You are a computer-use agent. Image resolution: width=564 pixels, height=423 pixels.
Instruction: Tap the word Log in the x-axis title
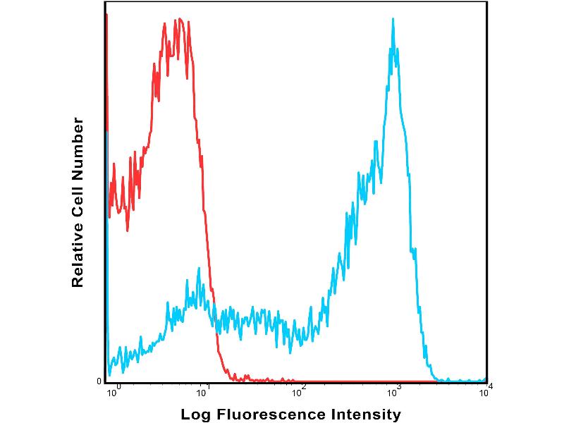(196, 415)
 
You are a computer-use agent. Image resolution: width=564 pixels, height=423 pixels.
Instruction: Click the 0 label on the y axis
(99, 381)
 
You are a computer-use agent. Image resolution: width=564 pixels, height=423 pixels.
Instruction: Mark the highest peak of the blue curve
(393, 20)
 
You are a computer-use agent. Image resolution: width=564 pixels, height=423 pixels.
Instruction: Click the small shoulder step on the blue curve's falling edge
(414, 248)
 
